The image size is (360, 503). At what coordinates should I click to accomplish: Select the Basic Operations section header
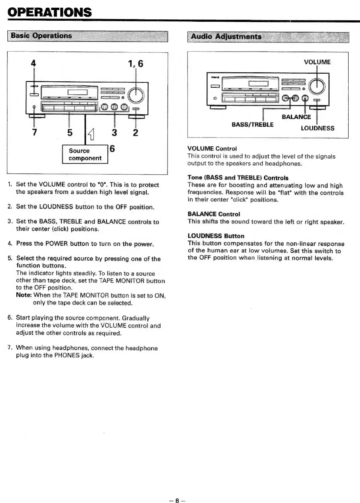[41, 36]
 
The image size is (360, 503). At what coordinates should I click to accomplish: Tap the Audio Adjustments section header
[226, 37]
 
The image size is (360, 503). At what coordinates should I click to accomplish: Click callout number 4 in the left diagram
[33, 63]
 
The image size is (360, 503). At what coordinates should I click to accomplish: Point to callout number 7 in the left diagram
[34, 133]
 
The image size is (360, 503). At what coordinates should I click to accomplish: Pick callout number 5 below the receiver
[70, 133]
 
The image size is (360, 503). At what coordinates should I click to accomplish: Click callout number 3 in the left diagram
[114, 133]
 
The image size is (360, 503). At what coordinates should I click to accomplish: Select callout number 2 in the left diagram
[135, 133]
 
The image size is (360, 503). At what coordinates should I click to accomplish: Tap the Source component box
[85, 154]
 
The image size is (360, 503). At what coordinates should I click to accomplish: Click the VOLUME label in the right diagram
[317, 62]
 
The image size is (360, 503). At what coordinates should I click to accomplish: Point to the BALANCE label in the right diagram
[296, 117]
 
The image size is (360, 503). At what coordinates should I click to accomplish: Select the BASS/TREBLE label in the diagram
[253, 124]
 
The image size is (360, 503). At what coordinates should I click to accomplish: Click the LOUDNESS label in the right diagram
[317, 128]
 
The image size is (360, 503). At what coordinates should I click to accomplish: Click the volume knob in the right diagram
[317, 86]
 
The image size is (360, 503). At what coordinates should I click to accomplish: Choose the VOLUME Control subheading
[212, 148]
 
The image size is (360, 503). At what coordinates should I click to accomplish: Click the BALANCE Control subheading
[214, 214]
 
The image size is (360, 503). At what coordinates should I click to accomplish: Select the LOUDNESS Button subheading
[216, 236]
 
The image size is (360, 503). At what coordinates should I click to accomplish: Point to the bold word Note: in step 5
[24, 295]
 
